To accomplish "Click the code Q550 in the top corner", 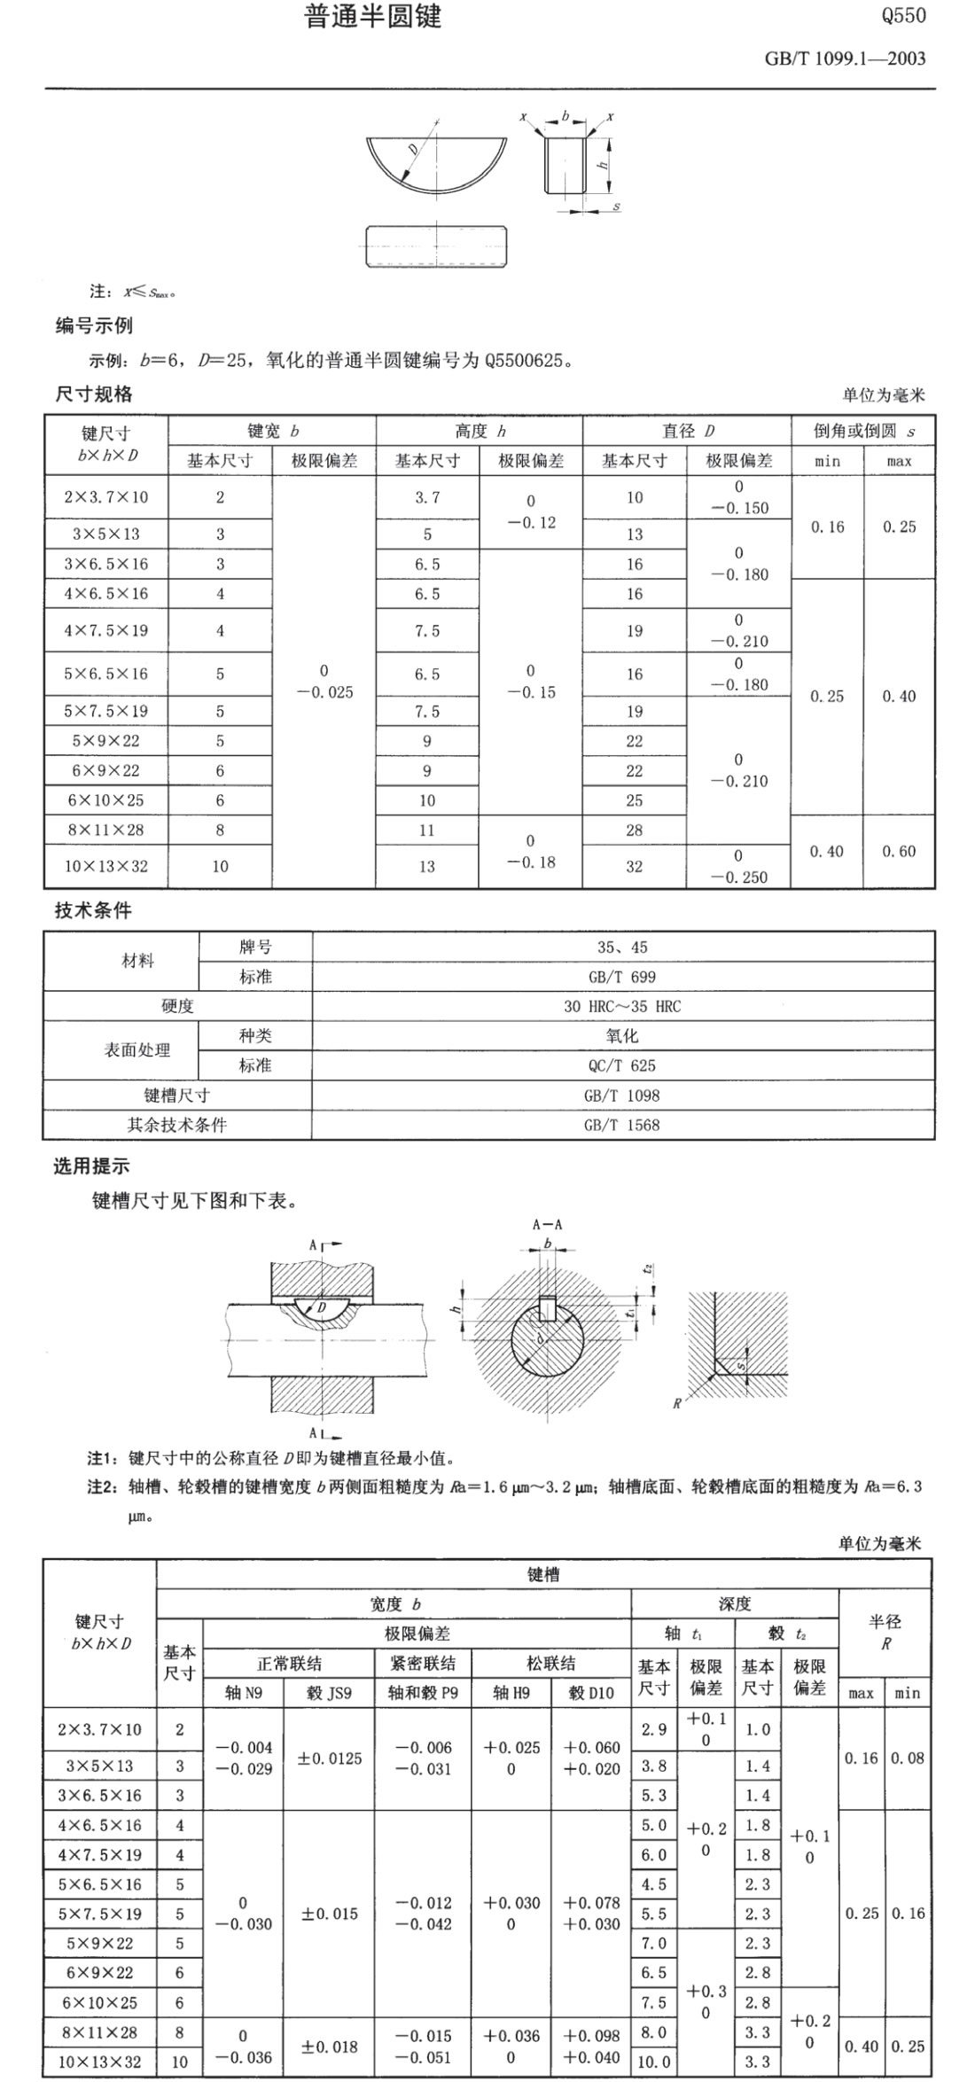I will (903, 16).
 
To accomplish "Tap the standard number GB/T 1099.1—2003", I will (844, 58).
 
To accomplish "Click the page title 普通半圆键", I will (373, 17).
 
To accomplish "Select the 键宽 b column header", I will (272, 432).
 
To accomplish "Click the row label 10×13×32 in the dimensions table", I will (105, 866).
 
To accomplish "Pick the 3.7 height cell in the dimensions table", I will (427, 497).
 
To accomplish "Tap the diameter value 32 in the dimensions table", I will (635, 866).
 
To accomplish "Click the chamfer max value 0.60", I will (899, 851).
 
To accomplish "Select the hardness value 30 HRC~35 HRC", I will (622, 1006).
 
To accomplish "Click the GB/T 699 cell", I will (622, 977).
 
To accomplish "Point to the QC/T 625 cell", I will (622, 1065).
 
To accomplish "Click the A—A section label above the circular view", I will (547, 1225).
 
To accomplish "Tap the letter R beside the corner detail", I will (677, 1403).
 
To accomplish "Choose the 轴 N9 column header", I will (243, 1692).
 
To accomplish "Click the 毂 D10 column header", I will (590, 1692).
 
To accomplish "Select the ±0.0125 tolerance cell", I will (329, 1758).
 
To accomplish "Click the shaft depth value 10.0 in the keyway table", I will (654, 2062).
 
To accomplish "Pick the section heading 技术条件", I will (93, 910).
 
